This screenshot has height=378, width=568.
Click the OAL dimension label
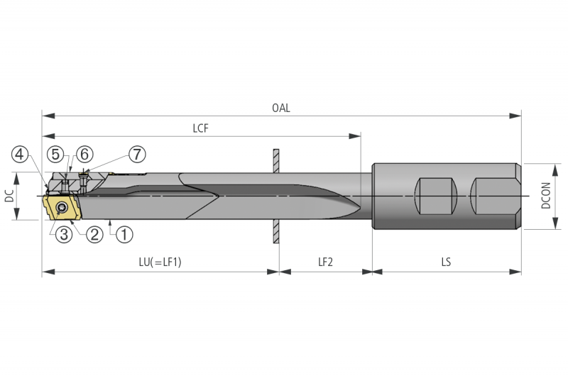click(x=281, y=109)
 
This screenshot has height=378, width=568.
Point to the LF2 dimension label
click(x=325, y=262)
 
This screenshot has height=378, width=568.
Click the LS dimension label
click(x=446, y=262)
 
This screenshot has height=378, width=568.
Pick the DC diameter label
click(x=10, y=196)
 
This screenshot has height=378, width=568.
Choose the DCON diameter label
click(x=546, y=196)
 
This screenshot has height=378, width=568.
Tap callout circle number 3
click(x=63, y=233)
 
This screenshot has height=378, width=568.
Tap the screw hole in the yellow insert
click(x=63, y=208)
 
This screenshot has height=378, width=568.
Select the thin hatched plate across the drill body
click(x=275, y=196)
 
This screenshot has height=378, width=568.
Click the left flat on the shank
click(x=435, y=196)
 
